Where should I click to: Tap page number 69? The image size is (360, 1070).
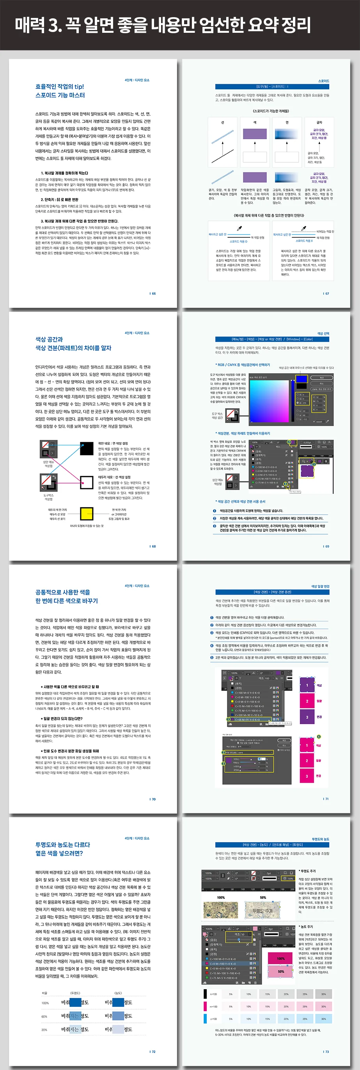(326, 546)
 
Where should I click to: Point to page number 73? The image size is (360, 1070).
(326, 1052)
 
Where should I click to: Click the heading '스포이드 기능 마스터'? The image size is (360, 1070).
(60, 95)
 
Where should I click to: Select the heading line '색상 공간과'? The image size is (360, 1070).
(49, 339)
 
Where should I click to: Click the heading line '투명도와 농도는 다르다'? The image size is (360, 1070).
(63, 844)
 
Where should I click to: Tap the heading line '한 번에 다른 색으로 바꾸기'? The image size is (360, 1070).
(66, 601)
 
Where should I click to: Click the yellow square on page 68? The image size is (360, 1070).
(86, 514)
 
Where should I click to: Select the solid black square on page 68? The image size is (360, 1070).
(86, 448)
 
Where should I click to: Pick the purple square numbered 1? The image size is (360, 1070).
(307, 685)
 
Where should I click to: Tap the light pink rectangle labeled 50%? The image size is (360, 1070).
(281, 972)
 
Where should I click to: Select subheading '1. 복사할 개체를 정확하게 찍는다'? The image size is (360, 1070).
(64, 173)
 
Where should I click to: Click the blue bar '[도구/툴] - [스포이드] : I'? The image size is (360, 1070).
(272, 86)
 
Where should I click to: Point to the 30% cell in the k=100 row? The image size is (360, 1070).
(323, 994)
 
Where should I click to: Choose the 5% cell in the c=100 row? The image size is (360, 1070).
(231, 1018)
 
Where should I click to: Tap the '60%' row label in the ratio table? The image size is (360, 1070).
(44, 1017)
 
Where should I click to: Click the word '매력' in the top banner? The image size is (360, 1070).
(30, 25)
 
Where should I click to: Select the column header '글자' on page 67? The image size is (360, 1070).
(319, 123)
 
